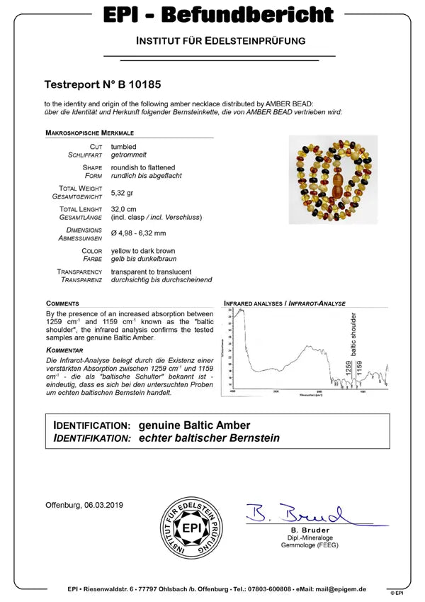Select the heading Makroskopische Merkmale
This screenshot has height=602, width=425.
coord(89,133)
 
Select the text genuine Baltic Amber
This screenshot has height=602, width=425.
coord(194,425)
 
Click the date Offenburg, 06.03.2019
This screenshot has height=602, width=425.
coord(84,504)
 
